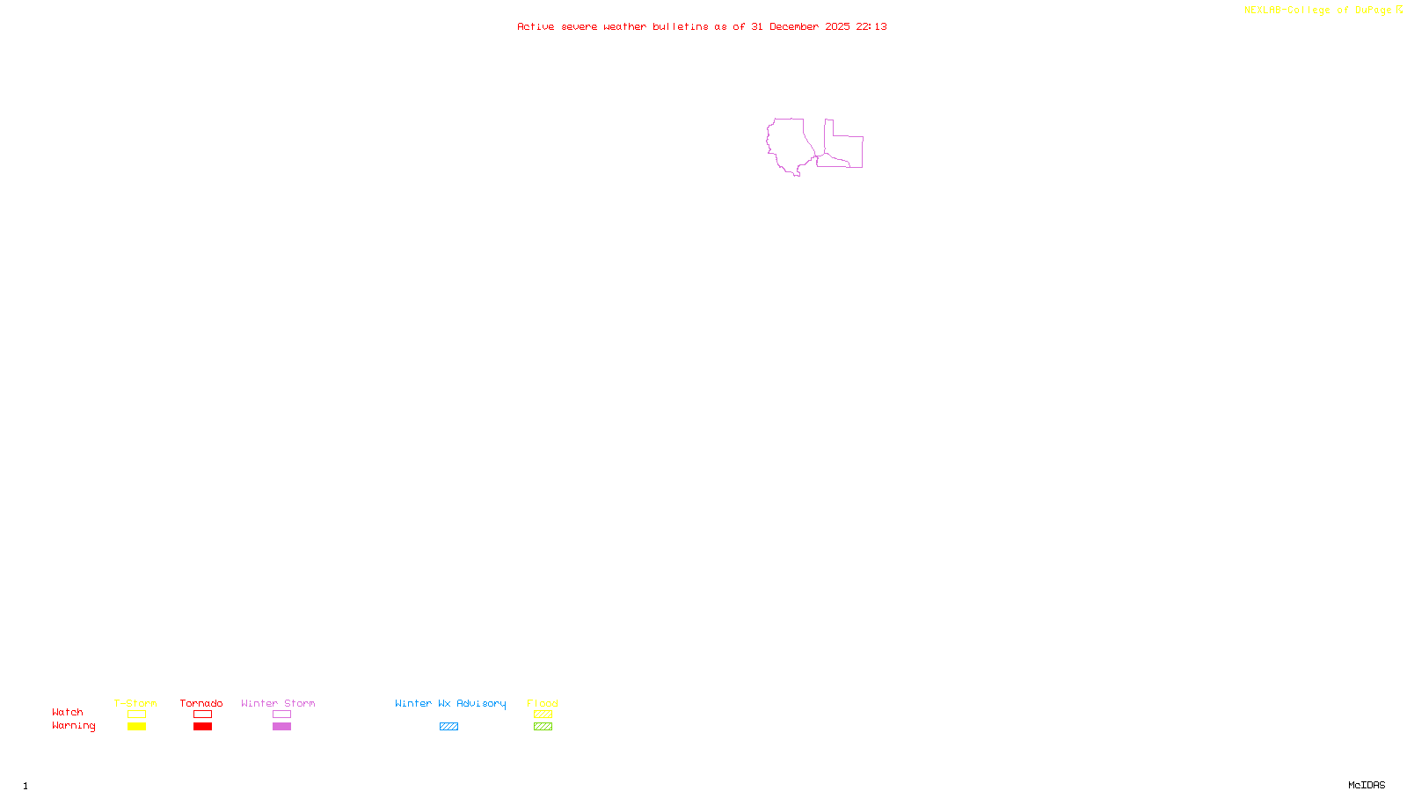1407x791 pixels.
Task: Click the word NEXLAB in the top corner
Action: coord(1263,11)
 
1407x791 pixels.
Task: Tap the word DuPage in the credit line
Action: coord(1373,11)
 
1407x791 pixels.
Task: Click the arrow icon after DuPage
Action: coord(1399,10)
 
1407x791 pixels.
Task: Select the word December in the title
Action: coord(794,26)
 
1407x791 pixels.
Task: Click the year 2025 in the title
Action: coord(837,26)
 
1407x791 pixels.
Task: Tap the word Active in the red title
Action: coord(536,26)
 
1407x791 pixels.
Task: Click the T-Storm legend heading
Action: coord(135,703)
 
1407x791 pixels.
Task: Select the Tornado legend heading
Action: coord(201,703)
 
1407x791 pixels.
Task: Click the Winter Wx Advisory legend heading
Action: coord(450,703)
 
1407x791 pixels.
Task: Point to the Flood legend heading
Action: coord(543,703)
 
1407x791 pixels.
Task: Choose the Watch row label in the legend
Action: coord(68,712)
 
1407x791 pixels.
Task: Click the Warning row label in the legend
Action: coord(73,726)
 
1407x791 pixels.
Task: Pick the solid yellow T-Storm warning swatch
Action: coord(136,727)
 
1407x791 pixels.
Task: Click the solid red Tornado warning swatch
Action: coord(202,727)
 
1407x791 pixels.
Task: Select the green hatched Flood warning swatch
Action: coord(543,727)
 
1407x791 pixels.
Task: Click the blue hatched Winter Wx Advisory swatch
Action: coord(448,727)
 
